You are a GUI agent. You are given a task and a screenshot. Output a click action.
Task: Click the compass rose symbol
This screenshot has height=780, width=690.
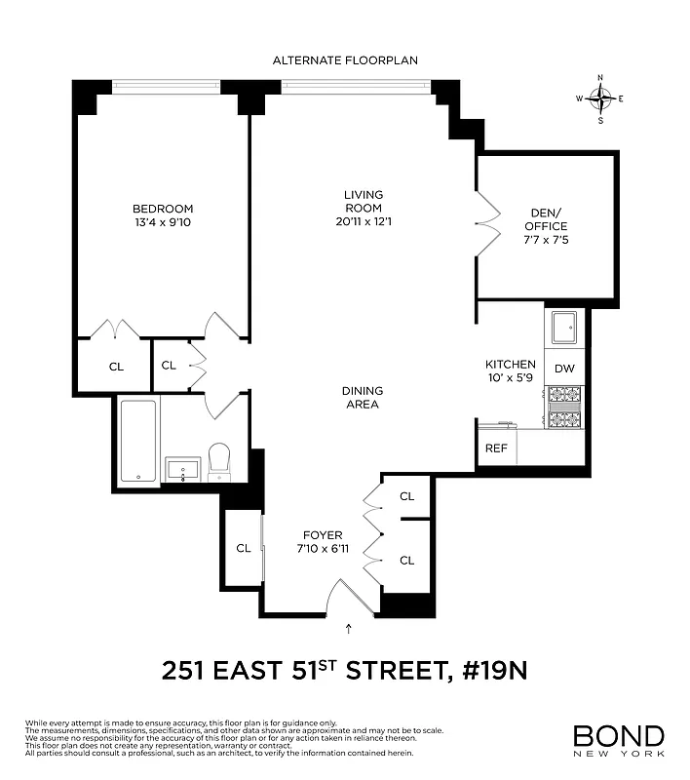pyautogui.click(x=600, y=98)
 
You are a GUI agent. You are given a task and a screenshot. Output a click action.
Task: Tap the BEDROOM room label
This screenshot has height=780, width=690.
pyautogui.click(x=163, y=209)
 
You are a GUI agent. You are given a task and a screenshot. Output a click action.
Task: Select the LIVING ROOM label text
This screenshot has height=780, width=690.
pyautogui.click(x=363, y=201)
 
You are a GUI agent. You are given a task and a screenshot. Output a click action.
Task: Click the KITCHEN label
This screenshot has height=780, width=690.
pyautogui.click(x=511, y=364)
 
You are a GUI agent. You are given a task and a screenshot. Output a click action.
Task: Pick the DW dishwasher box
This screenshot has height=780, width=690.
pyautogui.click(x=564, y=369)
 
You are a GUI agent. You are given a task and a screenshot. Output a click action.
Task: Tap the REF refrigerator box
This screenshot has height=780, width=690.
pyautogui.click(x=495, y=448)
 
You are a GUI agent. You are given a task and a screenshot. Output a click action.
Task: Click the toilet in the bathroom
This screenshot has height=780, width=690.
pyautogui.click(x=220, y=460)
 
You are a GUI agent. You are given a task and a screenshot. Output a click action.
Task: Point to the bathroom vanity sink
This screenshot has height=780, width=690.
pyautogui.click(x=182, y=470)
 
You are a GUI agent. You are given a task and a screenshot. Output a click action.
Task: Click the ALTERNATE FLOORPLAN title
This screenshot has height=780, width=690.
pyautogui.click(x=345, y=60)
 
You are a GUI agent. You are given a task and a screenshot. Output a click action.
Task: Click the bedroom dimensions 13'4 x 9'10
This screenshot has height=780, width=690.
pyautogui.click(x=163, y=222)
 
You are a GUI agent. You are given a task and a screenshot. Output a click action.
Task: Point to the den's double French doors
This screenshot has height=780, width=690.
pyautogui.click(x=484, y=223)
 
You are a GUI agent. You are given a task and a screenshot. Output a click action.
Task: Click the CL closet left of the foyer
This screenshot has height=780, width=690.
pyautogui.click(x=243, y=548)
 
